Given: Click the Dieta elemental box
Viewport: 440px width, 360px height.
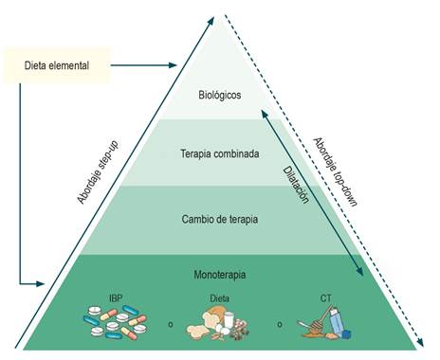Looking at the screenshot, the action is (57, 65).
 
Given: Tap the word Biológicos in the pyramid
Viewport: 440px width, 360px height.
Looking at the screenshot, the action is (220, 95).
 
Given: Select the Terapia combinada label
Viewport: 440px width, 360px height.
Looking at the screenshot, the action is (220, 153).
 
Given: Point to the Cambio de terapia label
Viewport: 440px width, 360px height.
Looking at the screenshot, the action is (220, 219).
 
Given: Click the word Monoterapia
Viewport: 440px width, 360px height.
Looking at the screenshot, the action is (220, 275).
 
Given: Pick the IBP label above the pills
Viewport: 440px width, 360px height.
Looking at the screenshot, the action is (116, 298).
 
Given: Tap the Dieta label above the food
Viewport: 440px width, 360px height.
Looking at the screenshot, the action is (220, 298).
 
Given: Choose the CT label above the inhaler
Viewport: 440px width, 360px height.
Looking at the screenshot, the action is (326, 298).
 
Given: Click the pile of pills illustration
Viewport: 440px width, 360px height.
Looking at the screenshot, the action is (115, 322).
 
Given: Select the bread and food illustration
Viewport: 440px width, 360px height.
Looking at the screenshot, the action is (218, 325).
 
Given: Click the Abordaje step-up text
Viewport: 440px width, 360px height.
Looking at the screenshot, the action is (98, 172).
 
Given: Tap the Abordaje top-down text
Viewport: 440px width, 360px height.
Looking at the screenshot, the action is (335, 172).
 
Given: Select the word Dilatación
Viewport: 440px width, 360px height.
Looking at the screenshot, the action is (296, 185).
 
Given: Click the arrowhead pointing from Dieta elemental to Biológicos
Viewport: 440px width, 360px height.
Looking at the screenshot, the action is (173, 65).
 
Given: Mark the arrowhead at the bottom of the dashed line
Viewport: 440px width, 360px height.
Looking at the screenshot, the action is (420, 342).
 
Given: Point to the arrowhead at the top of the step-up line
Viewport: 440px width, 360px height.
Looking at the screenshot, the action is (211, 22).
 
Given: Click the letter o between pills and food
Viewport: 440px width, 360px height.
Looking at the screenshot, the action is (171, 324).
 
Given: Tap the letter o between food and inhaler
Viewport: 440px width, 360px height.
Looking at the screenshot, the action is (280, 324).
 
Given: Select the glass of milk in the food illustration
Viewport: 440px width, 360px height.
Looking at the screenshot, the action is (229, 319).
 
